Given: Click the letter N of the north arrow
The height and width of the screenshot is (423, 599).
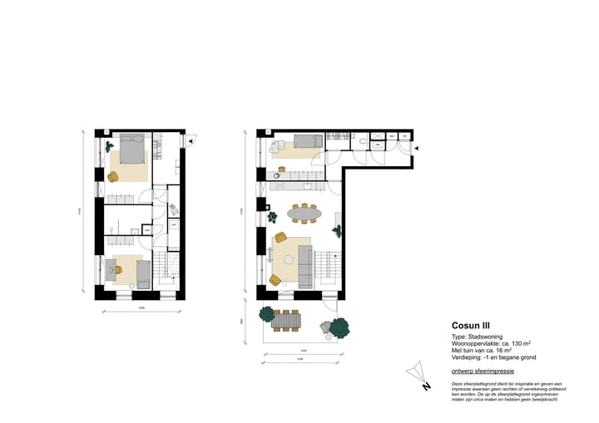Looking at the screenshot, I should (426, 386).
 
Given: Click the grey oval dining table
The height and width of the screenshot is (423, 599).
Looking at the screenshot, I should (305, 214).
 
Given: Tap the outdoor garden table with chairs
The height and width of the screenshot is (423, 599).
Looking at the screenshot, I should (289, 319).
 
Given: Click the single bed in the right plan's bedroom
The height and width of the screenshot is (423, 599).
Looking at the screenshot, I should (305, 141).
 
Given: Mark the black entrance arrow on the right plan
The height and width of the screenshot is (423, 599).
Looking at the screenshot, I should (417, 147).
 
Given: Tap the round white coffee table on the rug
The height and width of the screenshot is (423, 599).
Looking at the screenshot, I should (288, 258).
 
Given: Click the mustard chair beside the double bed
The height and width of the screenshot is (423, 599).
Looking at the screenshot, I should (114, 175).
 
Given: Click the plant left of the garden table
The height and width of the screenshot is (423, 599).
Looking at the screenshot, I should (266, 314).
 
